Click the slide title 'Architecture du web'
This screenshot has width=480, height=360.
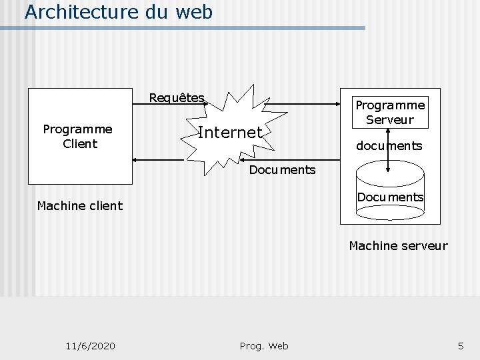coord(119,12)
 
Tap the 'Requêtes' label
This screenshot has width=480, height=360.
coord(177,98)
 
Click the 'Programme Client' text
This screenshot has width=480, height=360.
coord(77,136)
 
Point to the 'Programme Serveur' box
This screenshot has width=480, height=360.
coord(390,113)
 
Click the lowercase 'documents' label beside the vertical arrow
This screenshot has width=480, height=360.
coord(389,145)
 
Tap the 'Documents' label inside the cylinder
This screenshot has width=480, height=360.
coord(390,197)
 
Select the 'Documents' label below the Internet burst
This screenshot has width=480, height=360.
coord(282,170)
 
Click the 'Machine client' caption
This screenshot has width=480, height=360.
coord(80,205)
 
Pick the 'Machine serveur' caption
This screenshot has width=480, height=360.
coord(398,246)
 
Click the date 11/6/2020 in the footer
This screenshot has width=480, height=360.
coord(91,345)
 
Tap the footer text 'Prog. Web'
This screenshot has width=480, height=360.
coord(264,345)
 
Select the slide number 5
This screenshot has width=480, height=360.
coord(460,345)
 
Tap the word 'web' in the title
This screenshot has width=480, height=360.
coord(195,12)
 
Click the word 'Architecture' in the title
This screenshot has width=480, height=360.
coord(83,12)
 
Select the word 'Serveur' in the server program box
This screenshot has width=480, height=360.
coord(390,120)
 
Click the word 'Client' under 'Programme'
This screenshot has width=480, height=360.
coord(80,143)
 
